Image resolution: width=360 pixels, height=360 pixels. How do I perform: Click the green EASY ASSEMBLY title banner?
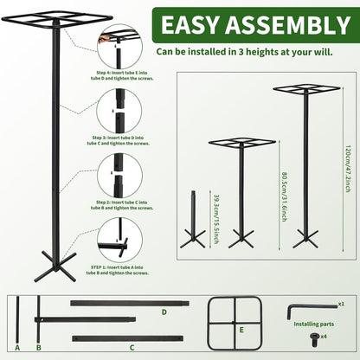tap(244, 24)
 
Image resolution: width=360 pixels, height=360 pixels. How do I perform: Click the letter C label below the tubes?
tap(132, 347)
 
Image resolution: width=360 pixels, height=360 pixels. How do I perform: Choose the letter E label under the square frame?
tap(241, 331)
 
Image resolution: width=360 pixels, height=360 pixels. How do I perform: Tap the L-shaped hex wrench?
tap(309, 309)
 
